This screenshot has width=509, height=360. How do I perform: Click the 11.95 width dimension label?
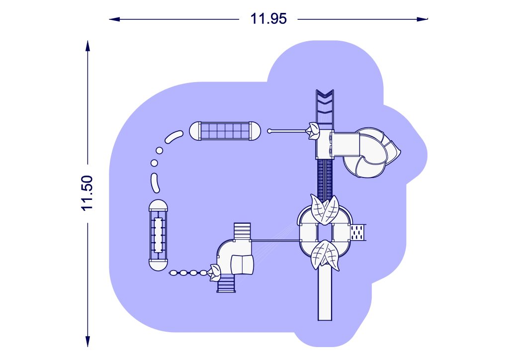268,19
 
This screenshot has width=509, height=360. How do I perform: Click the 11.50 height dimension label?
87,193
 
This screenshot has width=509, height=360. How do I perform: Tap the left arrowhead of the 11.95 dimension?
114,19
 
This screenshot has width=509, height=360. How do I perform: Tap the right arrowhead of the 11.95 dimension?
423,19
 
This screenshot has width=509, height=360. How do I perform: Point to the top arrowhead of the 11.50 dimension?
87,46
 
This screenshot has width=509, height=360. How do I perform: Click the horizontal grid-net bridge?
225,131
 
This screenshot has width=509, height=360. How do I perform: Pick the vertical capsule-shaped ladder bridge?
158,235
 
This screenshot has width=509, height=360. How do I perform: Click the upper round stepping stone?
160,150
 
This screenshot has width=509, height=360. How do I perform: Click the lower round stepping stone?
154,163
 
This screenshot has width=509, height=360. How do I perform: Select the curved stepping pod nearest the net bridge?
174,137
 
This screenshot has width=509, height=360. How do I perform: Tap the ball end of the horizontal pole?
269,131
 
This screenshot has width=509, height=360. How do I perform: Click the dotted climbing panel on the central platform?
358,232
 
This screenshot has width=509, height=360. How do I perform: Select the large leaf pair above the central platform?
324,209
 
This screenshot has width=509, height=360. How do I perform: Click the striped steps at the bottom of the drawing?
226,284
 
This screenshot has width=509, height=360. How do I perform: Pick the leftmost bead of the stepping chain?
174,273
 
